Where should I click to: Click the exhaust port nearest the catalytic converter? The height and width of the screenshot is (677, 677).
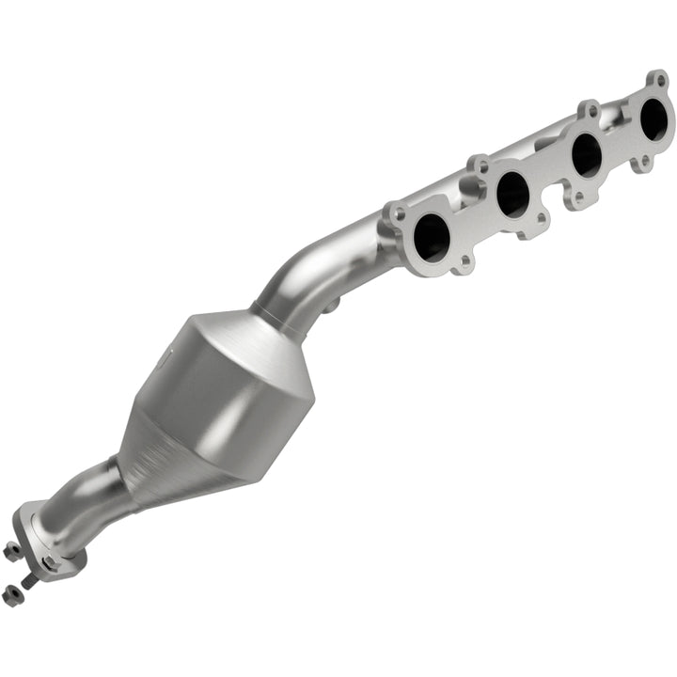tap(433, 237)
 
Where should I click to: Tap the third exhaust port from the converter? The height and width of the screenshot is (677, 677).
tap(587, 154)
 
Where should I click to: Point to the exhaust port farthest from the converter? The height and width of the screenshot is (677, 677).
tap(655, 118)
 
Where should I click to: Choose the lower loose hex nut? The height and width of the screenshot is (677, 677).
tap(12, 592)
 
